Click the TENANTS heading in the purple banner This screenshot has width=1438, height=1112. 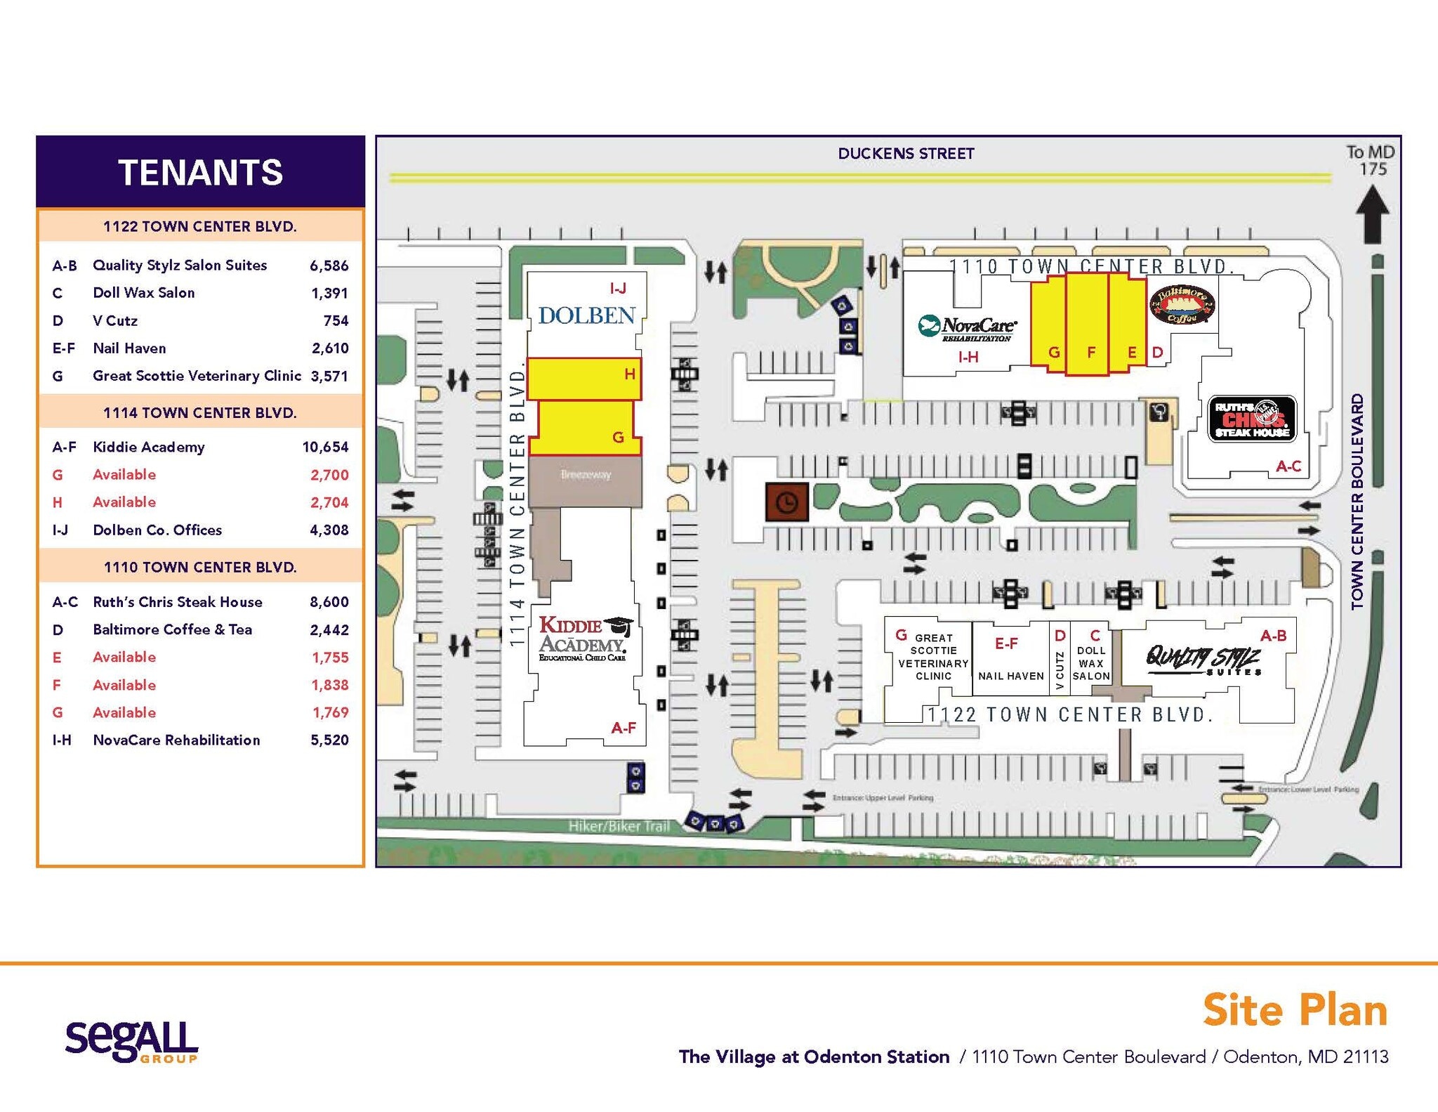click(200, 173)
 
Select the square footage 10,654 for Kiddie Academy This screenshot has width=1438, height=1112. click(325, 447)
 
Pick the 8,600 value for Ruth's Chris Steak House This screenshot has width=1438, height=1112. click(329, 602)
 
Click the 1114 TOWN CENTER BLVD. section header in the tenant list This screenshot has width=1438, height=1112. click(200, 413)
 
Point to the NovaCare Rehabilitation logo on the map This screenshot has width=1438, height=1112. click(967, 328)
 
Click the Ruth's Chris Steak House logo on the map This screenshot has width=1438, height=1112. click(1252, 419)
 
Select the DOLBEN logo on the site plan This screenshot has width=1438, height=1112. click(586, 316)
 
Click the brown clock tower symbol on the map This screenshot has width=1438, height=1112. click(786, 502)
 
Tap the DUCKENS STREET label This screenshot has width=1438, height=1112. click(906, 154)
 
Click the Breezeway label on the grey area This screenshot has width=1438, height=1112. click(586, 475)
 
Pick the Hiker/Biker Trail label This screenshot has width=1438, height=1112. click(618, 826)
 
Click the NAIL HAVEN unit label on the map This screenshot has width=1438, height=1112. click(1010, 676)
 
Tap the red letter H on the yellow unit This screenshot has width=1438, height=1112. click(630, 374)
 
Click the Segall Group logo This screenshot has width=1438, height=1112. click(131, 1042)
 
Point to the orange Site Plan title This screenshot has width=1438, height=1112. click(1295, 1010)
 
